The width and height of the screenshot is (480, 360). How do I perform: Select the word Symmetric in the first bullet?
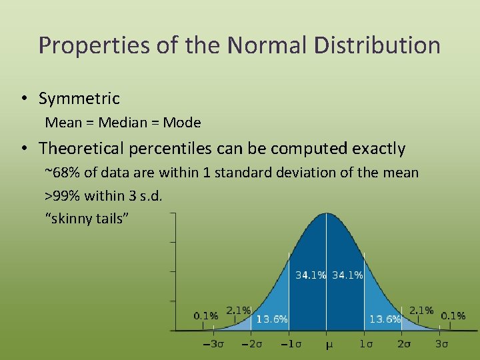click(79, 99)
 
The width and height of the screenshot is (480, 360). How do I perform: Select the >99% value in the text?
click(62, 196)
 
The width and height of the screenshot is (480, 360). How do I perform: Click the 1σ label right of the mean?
click(365, 344)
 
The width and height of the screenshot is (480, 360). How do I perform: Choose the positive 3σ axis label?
click(441, 344)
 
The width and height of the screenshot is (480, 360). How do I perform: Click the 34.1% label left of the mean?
click(311, 275)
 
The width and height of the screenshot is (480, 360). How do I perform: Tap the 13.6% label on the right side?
click(385, 319)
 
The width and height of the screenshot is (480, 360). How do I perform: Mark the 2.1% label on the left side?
click(239, 310)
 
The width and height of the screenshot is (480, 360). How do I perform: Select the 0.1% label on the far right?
click(453, 315)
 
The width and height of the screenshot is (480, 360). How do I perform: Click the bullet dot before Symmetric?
click(23, 99)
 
